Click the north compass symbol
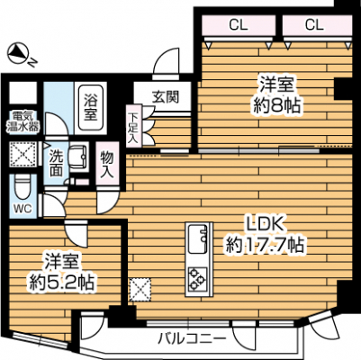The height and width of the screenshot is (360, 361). pyautogui.click(x=18, y=53)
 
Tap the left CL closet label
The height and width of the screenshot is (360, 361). pyautogui.click(x=239, y=25)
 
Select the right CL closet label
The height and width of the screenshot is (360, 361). pyautogui.click(x=314, y=25)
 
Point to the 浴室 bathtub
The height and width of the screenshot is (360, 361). pyautogui.click(x=90, y=107)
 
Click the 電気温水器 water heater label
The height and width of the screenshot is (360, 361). pyautogui.click(x=23, y=121)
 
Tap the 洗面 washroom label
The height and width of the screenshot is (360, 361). pyautogui.click(x=56, y=163)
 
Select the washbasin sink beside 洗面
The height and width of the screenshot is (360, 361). pyautogui.click(x=78, y=155)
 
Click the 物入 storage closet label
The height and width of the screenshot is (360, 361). pyautogui.click(x=107, y=164)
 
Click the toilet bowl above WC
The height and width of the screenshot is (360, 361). pyautogui.click(x=23, y=188)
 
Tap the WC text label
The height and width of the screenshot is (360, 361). pyautogui.click(x=23, y=209)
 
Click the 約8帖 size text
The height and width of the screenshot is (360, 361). pyautogui.click(x=276, y=105)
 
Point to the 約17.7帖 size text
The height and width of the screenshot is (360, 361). pyautogui.click(x=266, y=246)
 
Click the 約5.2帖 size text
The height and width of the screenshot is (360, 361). pyautogui.click(x=61, y=282)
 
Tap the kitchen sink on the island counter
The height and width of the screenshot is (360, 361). pyautogui.click(x=197, y=239)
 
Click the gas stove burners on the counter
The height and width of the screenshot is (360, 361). pyautogui.click(x=197, y=279)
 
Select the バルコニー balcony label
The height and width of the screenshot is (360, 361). pyautogui.click(x=192, y=338)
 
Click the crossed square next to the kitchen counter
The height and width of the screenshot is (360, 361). pyautogui.click(x=140, y=290)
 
